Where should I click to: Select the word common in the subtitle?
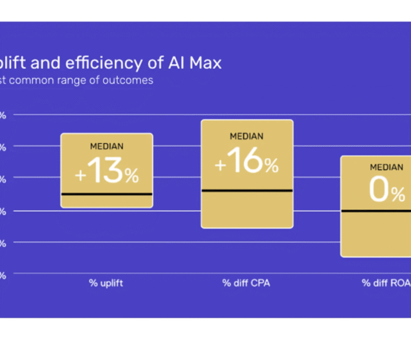point(32,80)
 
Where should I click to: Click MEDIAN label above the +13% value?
point(107,146)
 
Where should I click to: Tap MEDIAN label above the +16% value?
point(247,136)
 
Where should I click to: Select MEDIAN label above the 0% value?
point(387,167)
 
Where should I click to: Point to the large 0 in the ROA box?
point(380,191)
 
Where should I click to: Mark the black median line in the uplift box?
point(107,194)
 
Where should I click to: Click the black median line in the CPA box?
point(247,190)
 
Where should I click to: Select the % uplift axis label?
point(106,283)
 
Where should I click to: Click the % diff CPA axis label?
point(246,283)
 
